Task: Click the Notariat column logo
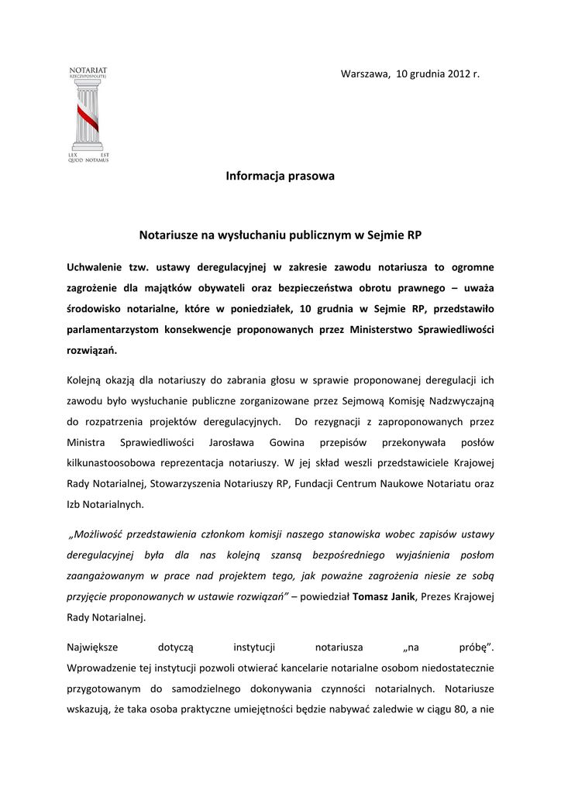coord(88,116)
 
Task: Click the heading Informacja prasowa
coord(280,177)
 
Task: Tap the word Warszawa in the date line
coord(365,74)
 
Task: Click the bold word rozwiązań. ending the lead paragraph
coord(92,350)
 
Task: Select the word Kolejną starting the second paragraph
coord(88,380)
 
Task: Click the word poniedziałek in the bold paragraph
coord(284,308)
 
